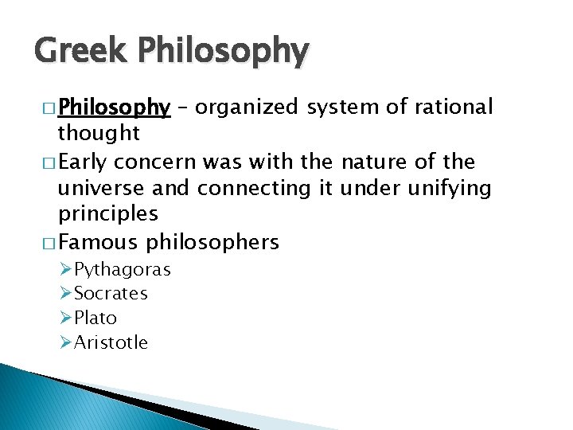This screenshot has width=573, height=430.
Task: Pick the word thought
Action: [x=99, y=132]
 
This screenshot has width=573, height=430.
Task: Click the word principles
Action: [x=107, y=214]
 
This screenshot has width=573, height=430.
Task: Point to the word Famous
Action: [x=100, y=242]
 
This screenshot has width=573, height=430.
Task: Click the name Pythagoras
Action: [x=122, y=270]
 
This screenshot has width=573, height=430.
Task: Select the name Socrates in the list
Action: [x=111, y=294]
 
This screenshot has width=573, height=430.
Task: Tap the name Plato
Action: [x=95, y=319]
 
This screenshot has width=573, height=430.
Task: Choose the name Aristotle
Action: [x=111, y=343]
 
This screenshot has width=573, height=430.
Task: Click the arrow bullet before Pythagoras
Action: [x=66, y=269]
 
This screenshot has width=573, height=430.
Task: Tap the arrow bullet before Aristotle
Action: [x=66, y=342]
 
